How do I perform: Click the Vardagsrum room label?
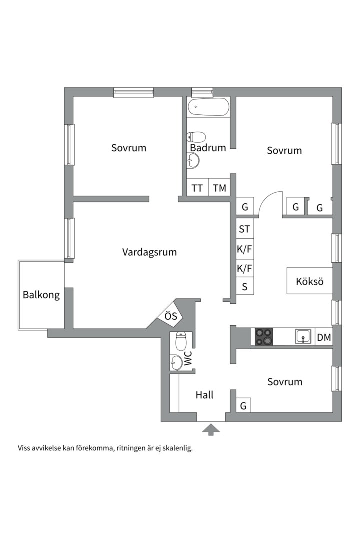149,252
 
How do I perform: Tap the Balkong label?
41,295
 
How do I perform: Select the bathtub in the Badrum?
208,106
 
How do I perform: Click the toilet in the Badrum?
197,137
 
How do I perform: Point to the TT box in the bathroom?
197,188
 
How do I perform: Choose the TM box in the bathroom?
219,188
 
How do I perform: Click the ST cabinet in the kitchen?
244,229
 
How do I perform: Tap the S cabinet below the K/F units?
244,287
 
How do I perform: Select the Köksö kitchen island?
309,281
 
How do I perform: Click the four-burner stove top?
264,337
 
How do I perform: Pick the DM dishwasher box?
324,338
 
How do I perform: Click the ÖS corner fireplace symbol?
171,316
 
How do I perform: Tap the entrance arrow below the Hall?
211,429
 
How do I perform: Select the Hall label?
204,395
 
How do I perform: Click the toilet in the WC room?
181,342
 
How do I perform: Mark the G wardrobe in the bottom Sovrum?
243,406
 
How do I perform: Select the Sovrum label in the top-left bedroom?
129,148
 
